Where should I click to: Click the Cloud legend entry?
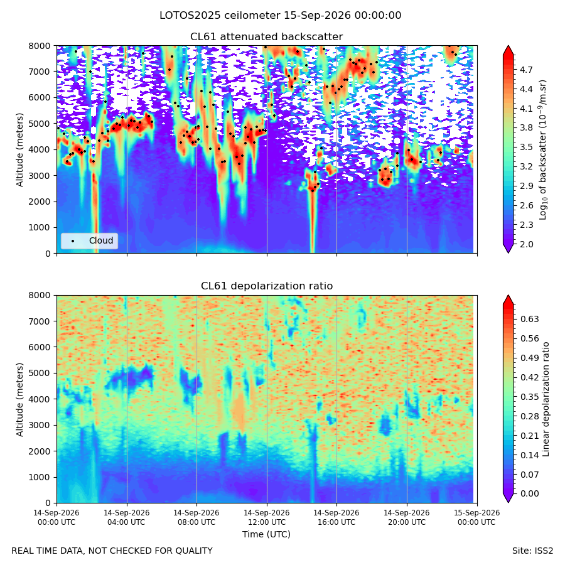coord(89,240)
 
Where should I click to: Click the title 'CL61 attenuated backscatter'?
coord(267,37)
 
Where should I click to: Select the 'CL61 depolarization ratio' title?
coord(267,286)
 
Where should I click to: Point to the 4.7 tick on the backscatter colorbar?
coord(526,70)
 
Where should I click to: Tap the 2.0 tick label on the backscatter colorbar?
coord(526,244)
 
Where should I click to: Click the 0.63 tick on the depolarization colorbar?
coord(530,319)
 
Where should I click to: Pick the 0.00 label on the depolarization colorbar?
coord(530,493)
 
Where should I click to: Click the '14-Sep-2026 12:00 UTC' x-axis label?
coord(267,517)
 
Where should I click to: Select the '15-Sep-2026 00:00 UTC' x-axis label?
coord(476,517)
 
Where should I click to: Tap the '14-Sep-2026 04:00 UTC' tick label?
coord(126,517)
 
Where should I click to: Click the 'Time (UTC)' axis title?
coord(266,534)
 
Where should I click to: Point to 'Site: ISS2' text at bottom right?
coord(532,551)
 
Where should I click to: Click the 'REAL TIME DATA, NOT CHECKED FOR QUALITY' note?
coord(112,551)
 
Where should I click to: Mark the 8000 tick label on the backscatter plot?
coord(40,46)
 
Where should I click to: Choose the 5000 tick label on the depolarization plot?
coord(40,374)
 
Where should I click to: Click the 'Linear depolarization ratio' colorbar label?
coord(546,399)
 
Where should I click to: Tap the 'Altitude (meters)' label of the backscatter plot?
coord(19,150)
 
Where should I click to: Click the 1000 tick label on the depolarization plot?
coord(40,477)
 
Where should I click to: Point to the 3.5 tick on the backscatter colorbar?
coord(526,148)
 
